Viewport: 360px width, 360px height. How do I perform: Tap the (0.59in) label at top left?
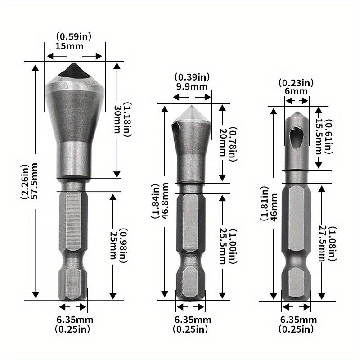click(74, 36)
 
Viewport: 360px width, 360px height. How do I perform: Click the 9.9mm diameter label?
click(191, 86)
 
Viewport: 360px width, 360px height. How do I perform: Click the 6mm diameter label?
click(297, 91)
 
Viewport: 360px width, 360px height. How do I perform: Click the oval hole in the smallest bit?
click(296, 134)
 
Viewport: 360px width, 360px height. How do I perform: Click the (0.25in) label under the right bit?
click(296, 329)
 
